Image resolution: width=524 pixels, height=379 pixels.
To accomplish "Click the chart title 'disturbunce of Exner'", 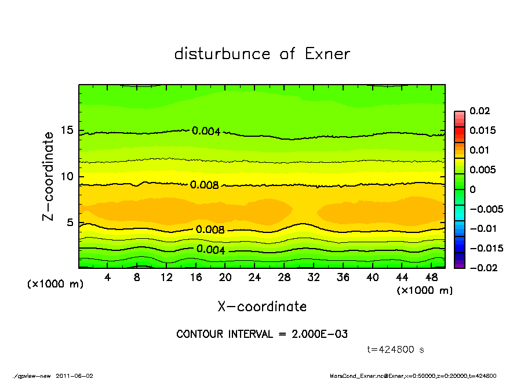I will (262, 54).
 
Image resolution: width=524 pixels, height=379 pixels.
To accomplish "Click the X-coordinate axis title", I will (262, 307).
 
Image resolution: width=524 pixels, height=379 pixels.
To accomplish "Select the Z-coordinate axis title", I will (49, 176).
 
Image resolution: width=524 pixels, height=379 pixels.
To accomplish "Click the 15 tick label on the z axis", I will (67, 131).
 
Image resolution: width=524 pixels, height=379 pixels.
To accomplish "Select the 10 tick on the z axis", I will (67, 177).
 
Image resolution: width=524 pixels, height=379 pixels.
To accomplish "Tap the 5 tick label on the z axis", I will (71, 223).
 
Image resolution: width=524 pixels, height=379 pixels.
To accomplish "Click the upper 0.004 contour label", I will (206, 131).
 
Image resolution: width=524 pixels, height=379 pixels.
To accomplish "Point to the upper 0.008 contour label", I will (204, 185).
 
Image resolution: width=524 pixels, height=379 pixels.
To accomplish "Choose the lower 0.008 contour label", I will (210, 229).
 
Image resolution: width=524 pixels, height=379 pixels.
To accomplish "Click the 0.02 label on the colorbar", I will (480, 111).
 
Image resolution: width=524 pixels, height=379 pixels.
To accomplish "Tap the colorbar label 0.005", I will (482, 170).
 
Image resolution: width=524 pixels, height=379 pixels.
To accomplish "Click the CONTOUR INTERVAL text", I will (262, 334).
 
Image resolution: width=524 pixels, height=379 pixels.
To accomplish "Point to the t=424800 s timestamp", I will (396, 349).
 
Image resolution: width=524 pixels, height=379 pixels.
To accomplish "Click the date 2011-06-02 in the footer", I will (75, 376).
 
